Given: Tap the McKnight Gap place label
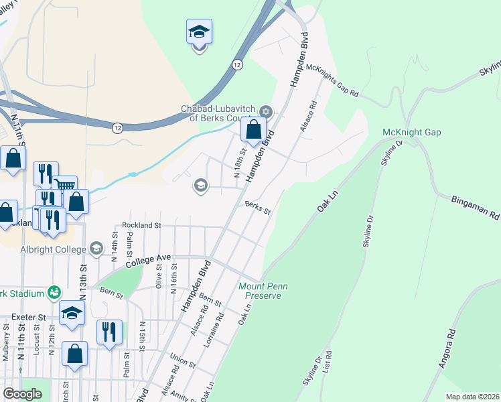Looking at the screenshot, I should pyautogui.click(x=411, y=132).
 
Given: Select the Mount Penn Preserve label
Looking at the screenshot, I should pyautogui.click(x=263, y=291).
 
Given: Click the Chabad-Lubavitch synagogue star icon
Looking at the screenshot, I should pyautogui.click(x=265, y=111).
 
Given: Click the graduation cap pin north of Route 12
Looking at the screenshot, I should pyautogui.click(x=199, y=31).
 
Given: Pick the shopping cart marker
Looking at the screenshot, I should pyautogui.click(x=65, y=186).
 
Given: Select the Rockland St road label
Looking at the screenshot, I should pyautogui.click(x=141, y=226).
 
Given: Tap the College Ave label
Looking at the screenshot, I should pyautogui.click(x=136, y=257).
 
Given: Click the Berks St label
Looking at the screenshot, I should pyautogui.click(x=257, y=208).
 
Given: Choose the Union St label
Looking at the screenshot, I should pyautogui.click(x=182, y=360).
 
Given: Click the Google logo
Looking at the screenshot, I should pyautogui.click(x=22, y=393).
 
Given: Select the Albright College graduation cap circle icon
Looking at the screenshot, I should pyautogui.click(x=96, y=249).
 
